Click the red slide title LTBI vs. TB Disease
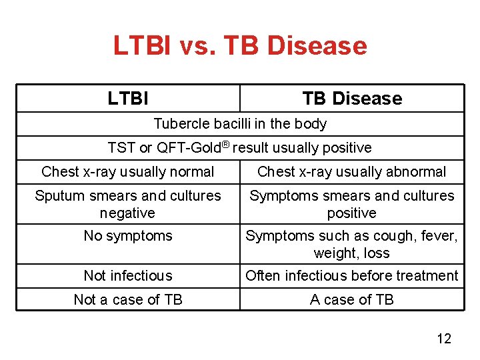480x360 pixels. (240, 46)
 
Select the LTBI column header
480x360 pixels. (128, 99)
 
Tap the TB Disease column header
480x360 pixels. (352, 99)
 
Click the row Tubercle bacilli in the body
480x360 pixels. (240, 124)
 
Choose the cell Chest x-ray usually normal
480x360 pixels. (128, 172)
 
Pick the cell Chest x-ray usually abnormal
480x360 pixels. (352, 172)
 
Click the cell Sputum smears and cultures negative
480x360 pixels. (128, 205)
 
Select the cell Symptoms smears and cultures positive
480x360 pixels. (352, 205)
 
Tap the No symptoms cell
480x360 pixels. (128, 236)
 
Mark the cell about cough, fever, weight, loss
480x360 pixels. (352, 245)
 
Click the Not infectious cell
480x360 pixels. (128, 276)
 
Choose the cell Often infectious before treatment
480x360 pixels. (352, 276)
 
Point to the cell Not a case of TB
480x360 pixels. (128, 300)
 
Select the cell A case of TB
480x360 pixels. (352, 300)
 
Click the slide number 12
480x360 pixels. (444, 339)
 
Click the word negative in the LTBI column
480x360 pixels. (127, 213)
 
